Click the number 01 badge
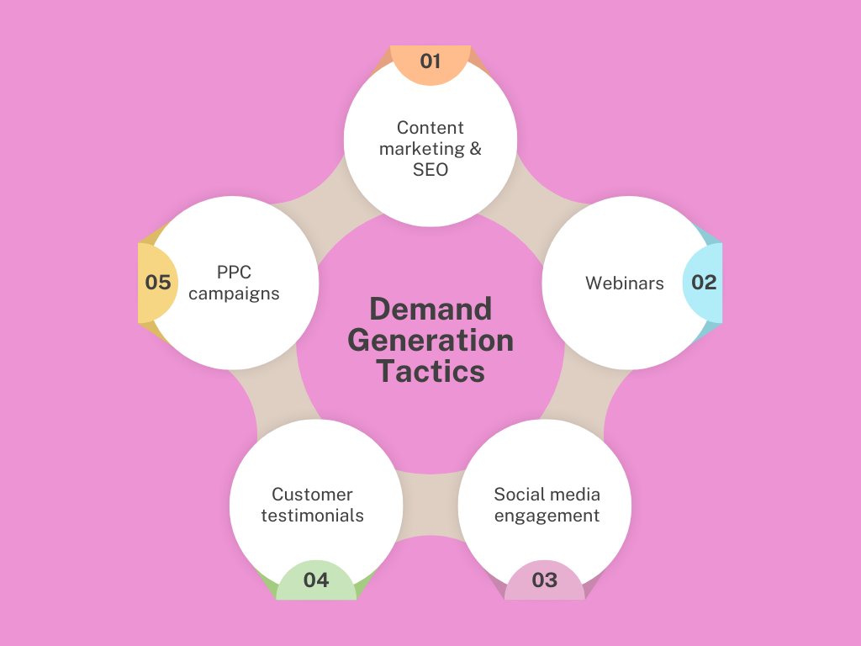(430, 61)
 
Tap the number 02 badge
(704, 283)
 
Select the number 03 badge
(544, 580)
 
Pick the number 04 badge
(316, 580)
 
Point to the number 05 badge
(158, 283)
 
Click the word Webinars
(625, 283)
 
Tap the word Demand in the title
(430, 309)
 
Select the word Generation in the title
(430, 340)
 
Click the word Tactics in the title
(430, 371)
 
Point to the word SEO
(430, 170)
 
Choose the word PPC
(235, 273)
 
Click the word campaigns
(235, 294)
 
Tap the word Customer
(312, 495)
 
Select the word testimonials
(312, 516)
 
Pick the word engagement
(547, 516)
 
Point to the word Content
(430, 128)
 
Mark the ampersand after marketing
(475, 149)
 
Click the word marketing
(421, 149)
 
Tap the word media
(573, 495)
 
